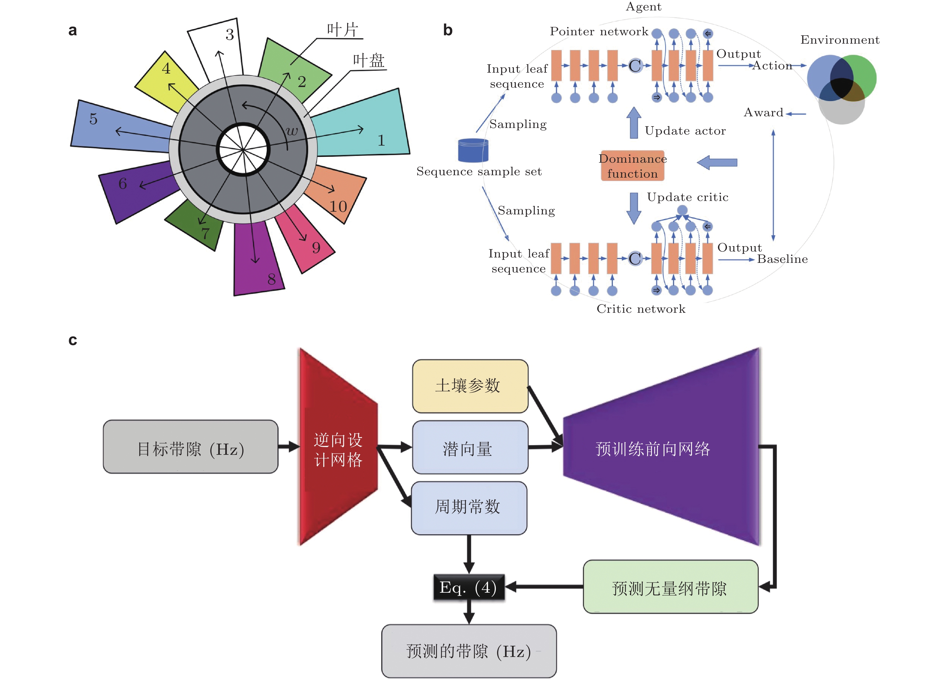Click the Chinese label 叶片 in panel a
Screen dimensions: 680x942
pos(342,30)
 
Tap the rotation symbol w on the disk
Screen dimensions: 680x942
pos(292,131)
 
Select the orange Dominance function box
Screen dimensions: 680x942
pos(632,166)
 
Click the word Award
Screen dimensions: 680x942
pos(763,112)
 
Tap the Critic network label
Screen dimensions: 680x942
pos(641,309)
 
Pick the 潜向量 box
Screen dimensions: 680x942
pos(470,447)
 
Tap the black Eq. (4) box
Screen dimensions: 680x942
pos(469,587)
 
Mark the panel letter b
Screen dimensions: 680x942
pos(447,30)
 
